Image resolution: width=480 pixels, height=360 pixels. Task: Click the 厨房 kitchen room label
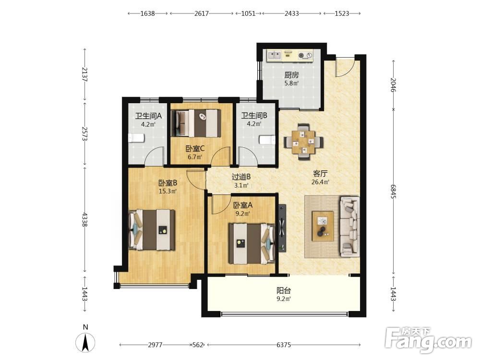tap(291, 75)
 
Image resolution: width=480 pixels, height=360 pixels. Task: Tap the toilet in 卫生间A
tap(136, 138)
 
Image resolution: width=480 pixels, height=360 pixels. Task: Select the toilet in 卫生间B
tap(267, 140)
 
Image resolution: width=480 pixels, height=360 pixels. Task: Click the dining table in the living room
tap(303, 142)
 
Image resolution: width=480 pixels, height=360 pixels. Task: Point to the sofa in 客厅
tap(349, 227)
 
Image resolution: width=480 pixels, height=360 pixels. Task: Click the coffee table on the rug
tap(323, 226)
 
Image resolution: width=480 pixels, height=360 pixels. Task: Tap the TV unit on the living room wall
tap(282, 228)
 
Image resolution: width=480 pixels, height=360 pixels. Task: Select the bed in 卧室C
tap(196, 123)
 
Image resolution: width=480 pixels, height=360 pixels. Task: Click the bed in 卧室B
tap(152, 229)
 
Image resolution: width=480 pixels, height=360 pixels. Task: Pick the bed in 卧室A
tap(252, 244)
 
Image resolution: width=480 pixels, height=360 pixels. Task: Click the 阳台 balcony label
tap(284, 290)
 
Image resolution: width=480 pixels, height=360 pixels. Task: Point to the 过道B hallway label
tap(241, 177)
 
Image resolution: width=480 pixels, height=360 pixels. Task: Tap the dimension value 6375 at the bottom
tap(284, 345)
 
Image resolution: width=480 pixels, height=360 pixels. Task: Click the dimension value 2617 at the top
tap(202, 13)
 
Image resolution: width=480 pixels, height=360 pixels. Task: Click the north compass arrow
tap(85, 342)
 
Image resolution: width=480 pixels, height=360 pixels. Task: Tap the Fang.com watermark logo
tap(428, 339)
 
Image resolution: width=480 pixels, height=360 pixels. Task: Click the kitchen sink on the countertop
tap(275, 55)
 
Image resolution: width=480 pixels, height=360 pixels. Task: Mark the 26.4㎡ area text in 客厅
tap(321, 182)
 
